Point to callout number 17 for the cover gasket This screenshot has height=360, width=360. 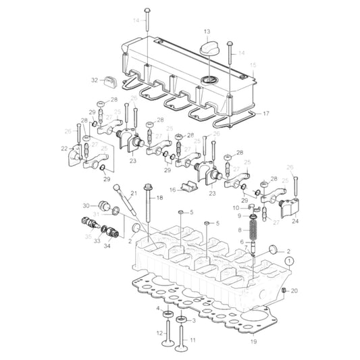point(265,113)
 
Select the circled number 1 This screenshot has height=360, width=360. point(288,259)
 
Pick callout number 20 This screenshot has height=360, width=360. point(293,290)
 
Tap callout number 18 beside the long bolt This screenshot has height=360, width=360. point(160,197)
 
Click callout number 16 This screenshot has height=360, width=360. point(172,190)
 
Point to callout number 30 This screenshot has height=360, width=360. point(86,205)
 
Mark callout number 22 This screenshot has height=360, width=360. point(64,149)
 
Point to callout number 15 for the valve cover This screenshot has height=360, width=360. point(254,66)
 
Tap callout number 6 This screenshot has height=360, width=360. point(241,242)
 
